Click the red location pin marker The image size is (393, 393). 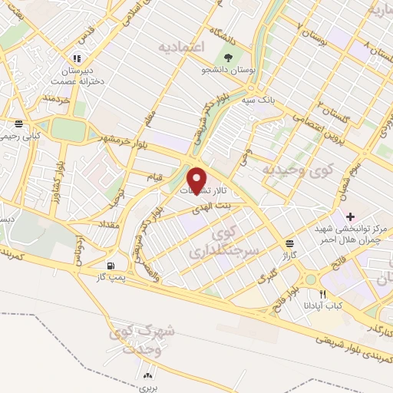pyautogui.click(x=198, y=180)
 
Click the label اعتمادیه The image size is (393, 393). pyautogui.click(x=183, y=48)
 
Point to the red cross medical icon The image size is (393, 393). pyautogui.click(x=351, y=216)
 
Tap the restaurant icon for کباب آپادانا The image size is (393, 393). pyautogui.click(x=323, y=294)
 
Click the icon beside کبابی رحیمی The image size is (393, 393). pyautogui.click(x=18, y=123)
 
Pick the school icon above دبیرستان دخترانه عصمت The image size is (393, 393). pyautogui.click(x=75, y=58)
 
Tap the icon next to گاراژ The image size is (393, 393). pyautogui.click(x=288, y=240)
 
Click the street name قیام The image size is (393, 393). pyautogui.click(x=156, y=179)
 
